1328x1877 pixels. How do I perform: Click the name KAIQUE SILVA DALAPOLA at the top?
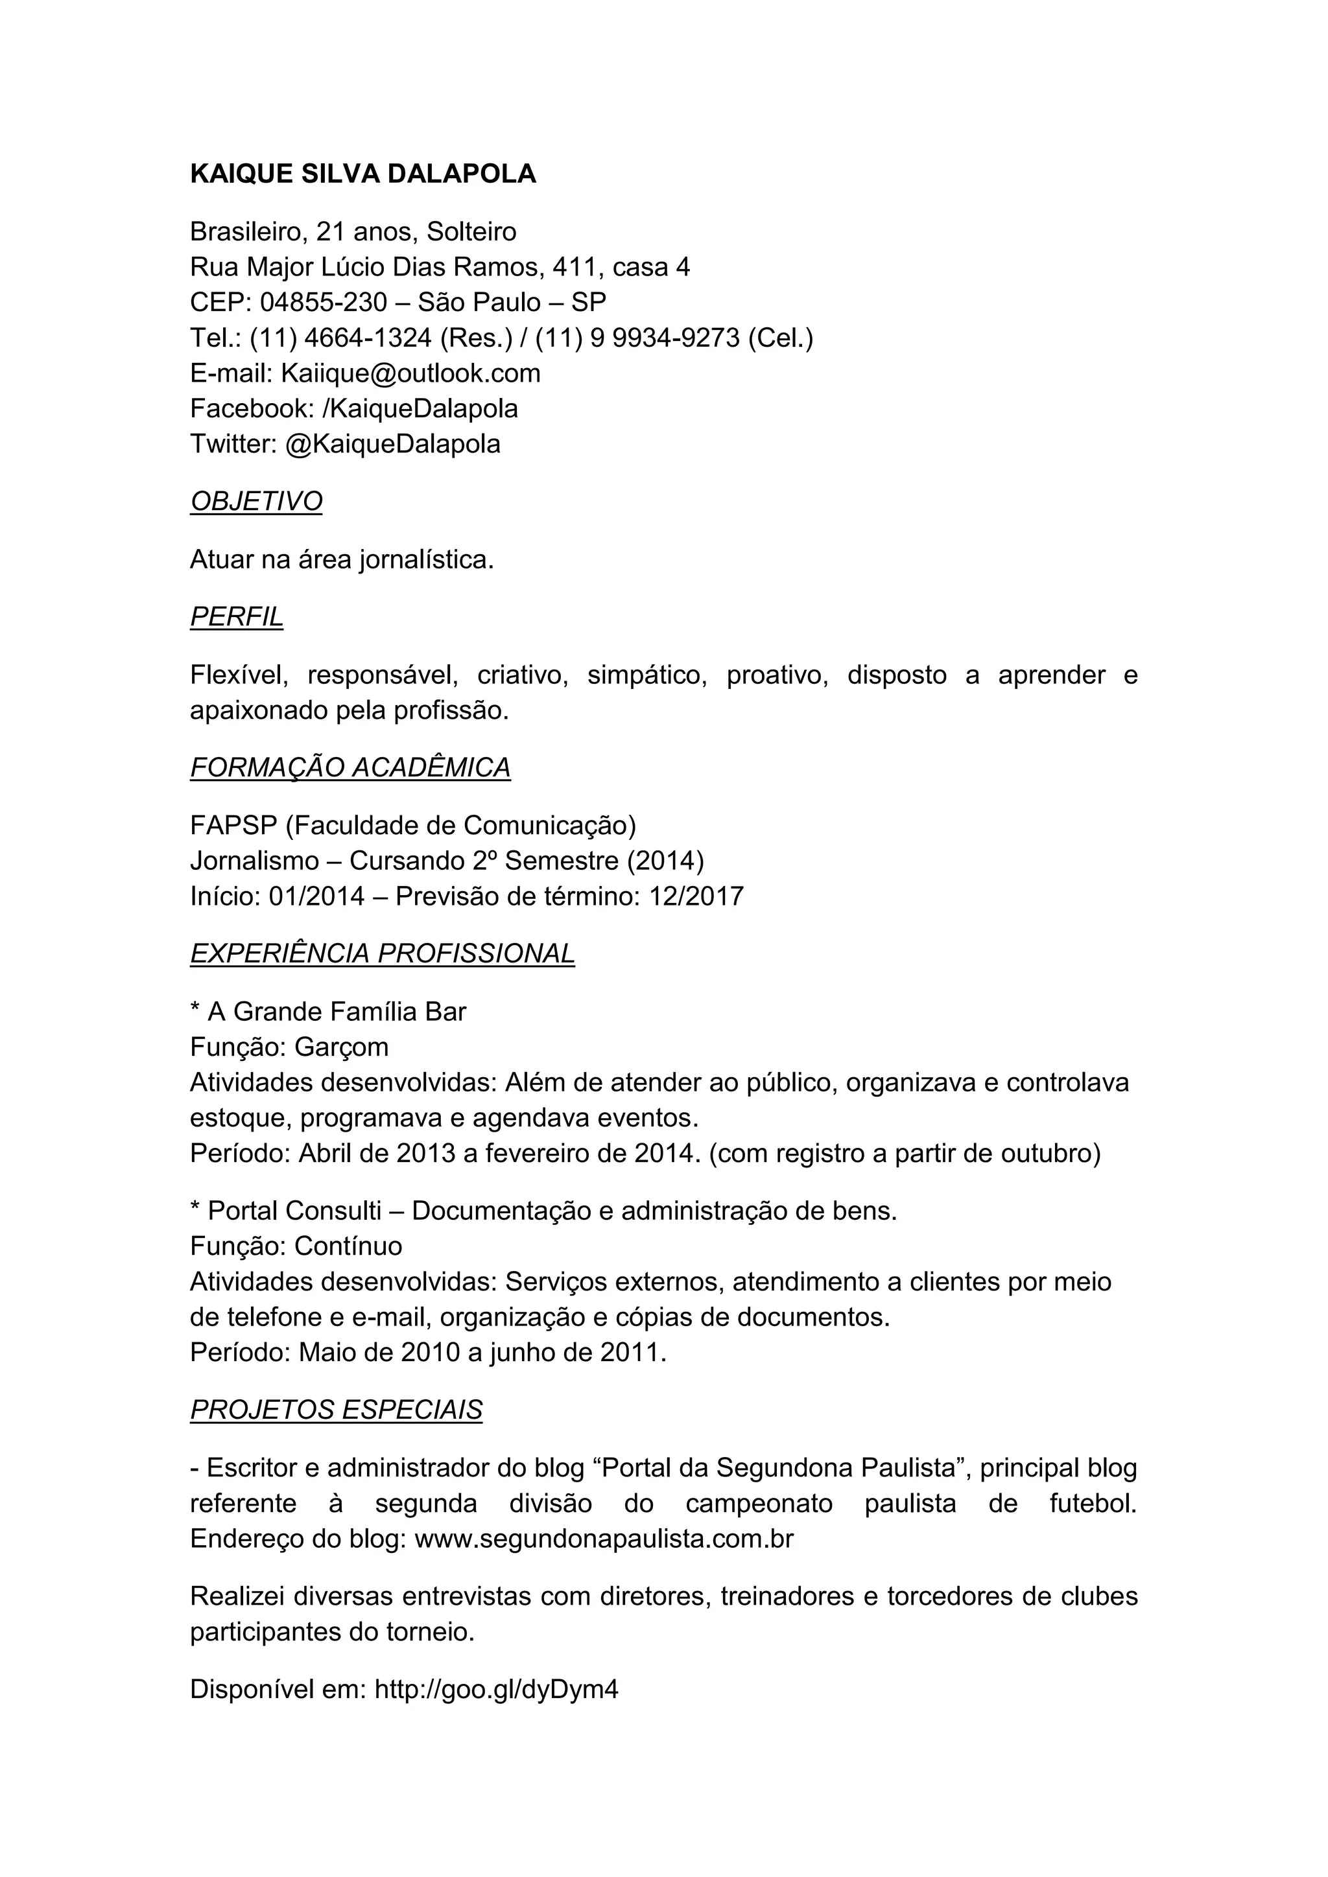click(x=363, y=174)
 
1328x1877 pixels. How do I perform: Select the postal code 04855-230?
click(x=323, y=303)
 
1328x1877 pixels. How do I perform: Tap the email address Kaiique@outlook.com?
click(x=410, y=373)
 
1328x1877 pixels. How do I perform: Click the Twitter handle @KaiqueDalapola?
click(x=392, y=444)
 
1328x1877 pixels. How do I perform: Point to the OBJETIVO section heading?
click(x=256, y=501)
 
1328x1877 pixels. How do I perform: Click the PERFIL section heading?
click(x=236, y=616)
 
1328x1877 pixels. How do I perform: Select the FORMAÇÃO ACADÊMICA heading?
click(x=350, y=767)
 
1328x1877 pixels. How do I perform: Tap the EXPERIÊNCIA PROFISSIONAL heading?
click(x=382, y=953)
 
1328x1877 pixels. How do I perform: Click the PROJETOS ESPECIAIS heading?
click(x=336, y=1410)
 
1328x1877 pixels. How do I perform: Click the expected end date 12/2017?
click(x=696, y=897)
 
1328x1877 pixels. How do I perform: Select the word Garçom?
click(x=341, y=1047)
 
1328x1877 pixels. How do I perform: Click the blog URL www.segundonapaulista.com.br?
click(x=604, y=1539)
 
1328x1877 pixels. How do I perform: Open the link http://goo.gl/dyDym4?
click(x=496, y=1690)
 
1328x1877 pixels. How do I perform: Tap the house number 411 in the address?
click(x=574, y=267)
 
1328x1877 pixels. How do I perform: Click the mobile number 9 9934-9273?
click(x=664, y=338)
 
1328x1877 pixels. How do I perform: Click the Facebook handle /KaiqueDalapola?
click(x=420, y=409)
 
